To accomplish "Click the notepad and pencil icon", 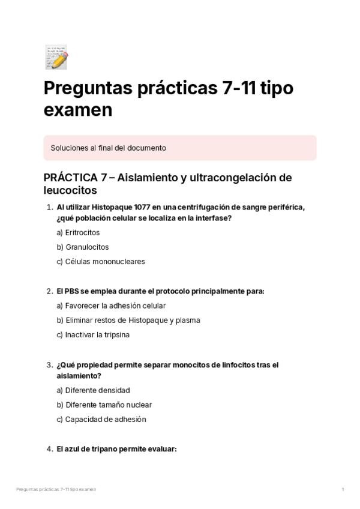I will point(56,57).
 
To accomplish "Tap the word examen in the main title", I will point(78,110).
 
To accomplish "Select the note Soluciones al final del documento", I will point(109,148).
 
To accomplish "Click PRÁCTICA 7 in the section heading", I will point(77,178).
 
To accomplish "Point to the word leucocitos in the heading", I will point(70,191).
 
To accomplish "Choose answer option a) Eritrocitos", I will point(78,232).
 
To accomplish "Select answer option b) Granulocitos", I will point(83,247).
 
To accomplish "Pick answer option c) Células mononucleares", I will point(101,261).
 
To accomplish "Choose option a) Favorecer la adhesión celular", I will point(111,306).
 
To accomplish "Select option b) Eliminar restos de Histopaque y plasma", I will point(128,320).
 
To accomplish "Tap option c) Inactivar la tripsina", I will point(93,334).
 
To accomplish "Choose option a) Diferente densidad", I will point(93,390).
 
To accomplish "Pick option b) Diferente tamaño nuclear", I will point(104,405).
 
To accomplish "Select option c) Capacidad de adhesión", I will point(101,419).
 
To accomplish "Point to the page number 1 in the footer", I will point(343,490).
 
